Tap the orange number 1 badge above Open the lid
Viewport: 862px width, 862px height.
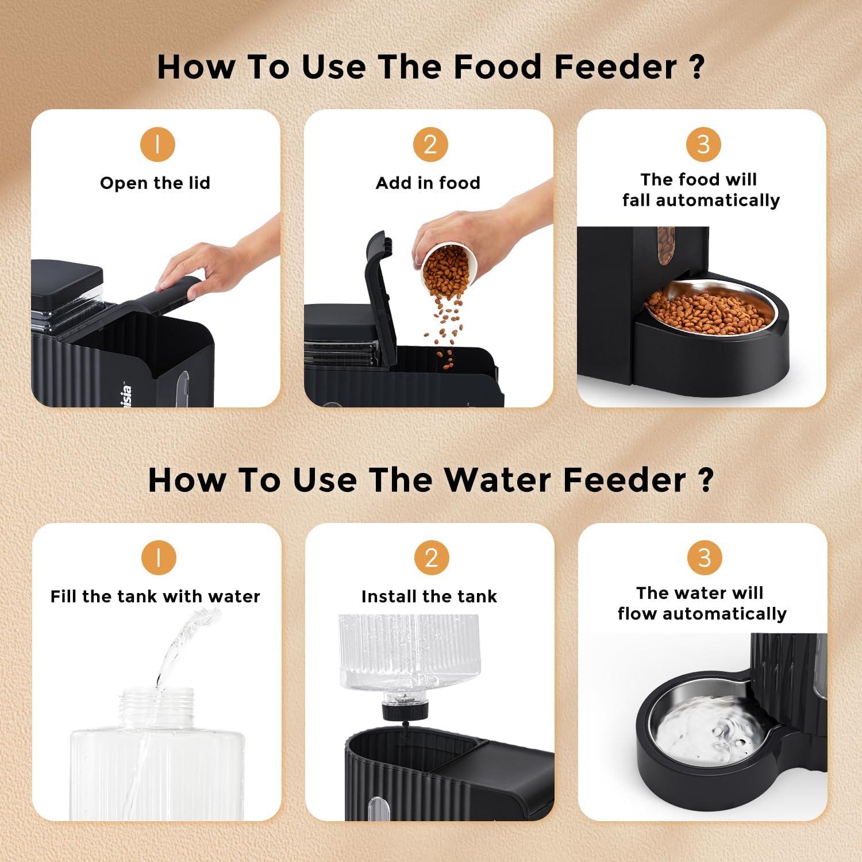157,144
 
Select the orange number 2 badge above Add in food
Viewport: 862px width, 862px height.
430,144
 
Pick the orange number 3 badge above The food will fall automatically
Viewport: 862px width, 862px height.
703,144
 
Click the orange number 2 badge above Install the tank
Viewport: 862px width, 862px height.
431,557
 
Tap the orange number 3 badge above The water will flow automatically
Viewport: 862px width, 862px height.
704,557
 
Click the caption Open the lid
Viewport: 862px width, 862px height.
155,183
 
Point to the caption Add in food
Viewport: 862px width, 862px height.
428,183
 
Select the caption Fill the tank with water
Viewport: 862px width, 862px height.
155,597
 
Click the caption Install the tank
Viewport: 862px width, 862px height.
429,597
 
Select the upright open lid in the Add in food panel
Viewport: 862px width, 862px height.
379,287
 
